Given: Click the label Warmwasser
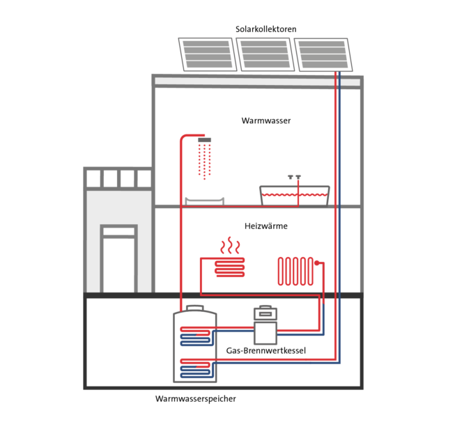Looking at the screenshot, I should [x=266, y=120].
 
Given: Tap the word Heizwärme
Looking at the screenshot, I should [x=266, y=226].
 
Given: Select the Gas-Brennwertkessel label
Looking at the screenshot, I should [x=266, y=350].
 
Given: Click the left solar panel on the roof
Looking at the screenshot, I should [x=207, y=54].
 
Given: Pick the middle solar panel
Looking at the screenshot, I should [x=265, y=54].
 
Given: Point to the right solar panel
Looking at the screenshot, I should [x=322, y=54].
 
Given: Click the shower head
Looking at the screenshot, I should [x=204, y=140].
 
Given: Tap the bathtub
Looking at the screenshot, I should [x=294, y=196].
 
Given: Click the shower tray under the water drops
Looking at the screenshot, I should [x=204, y=201].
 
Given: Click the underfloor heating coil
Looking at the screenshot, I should [x=230, y=267].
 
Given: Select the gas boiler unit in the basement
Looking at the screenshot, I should [x=265, y=326].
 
